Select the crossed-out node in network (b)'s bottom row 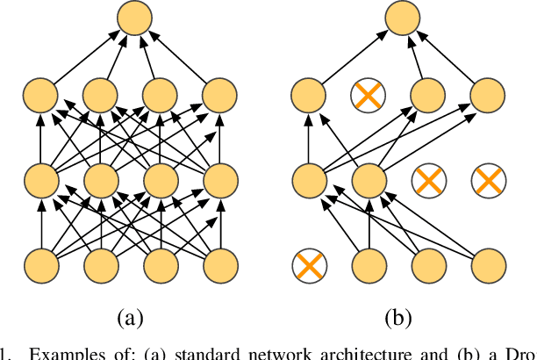[x=308, y=264]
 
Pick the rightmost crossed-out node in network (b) [x=487, y=180]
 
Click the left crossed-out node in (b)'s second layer [x=427, y=180]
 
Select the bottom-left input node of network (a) [x=39, y=264]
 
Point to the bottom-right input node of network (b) [x=487, y=264]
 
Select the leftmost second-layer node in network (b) [x=308, y=180]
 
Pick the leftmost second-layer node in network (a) [x=39, y=180]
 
